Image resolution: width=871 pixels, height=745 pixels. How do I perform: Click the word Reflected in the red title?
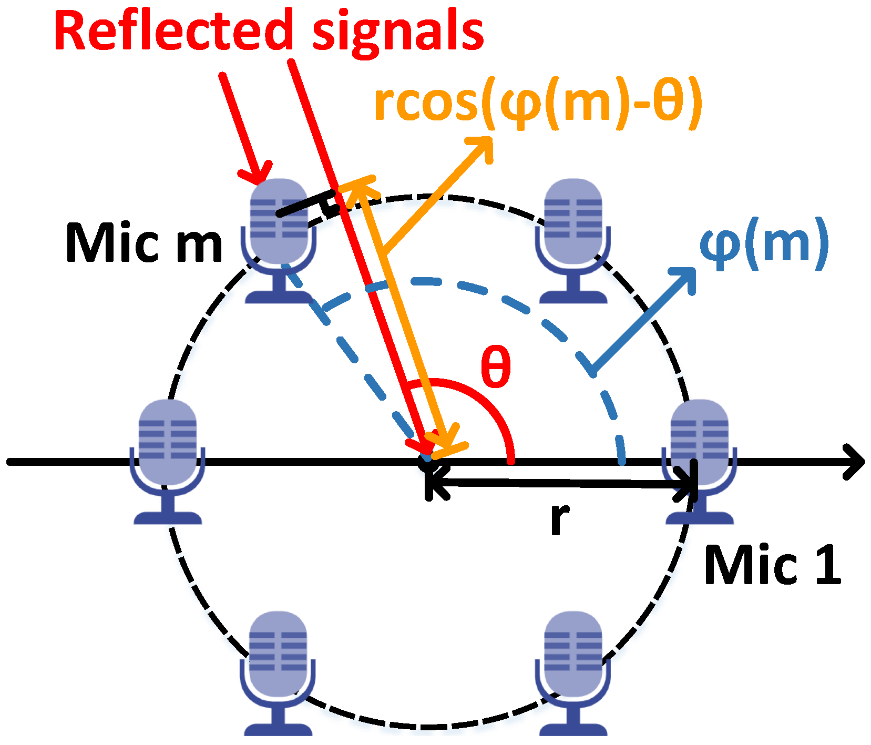[x=173, y=32]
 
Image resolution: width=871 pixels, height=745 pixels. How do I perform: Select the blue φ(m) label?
[x=764, y=243]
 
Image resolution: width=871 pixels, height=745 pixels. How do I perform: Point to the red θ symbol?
[x=496, y=366]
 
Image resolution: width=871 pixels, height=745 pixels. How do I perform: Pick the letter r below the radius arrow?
[x=560, y=518]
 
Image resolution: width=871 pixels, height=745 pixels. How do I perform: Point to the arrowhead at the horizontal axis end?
[x=855, y=462]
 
